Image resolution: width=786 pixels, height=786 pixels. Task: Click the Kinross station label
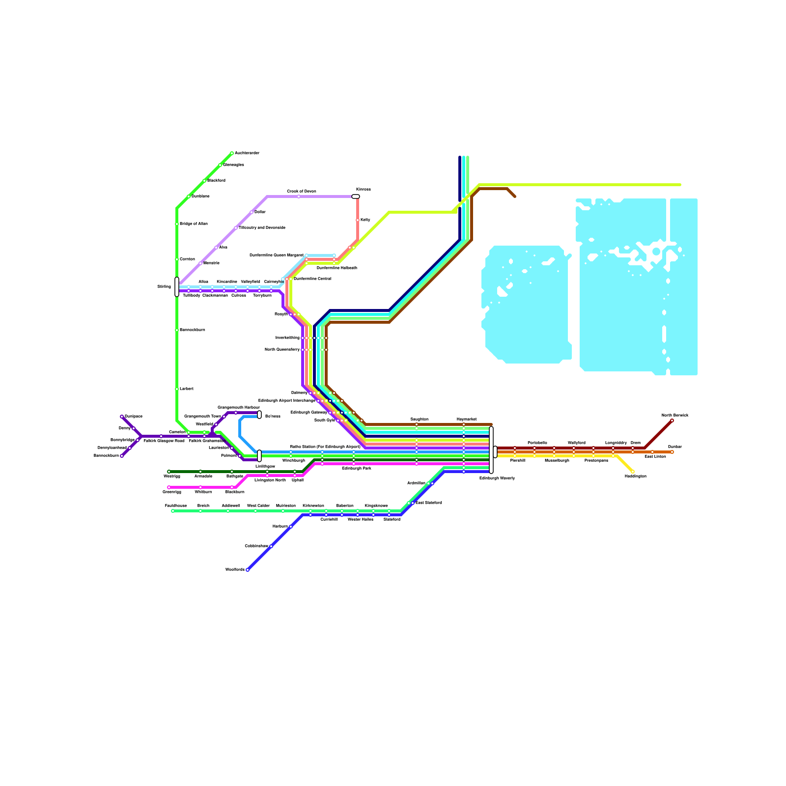pyautogui.click(x=364, y=189)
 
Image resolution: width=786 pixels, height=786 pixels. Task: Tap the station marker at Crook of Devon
pyautogui.click(x=299, y=196)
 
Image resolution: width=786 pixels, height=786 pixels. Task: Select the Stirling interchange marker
pyautogui.click(x=177, y=287)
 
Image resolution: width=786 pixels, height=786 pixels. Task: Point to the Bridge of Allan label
pyautogui.click(x=194, y=224)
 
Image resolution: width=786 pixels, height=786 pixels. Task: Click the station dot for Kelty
pyautogui.click(x=358, y=220)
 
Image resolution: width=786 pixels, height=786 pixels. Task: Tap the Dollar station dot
pyautogui.click(x=252, y=212)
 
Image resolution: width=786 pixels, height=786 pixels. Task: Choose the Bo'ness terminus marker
pyautogui.click(x=259, y=415)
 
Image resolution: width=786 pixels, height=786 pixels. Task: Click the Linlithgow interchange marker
pyautogui.click(x=259, y=455)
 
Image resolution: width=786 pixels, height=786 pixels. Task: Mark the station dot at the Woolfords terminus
pyautogui.click(x=248, y=570)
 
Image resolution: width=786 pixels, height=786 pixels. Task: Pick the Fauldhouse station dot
pyautogui.click(x=173, y=511)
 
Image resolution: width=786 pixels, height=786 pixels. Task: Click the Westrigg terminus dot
pyautogui.click(x=169, y=472)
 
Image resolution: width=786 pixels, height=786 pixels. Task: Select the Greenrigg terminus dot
pyautogui.click(x=169, y=487)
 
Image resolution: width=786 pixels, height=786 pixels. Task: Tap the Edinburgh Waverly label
pyautogui.click(x=497, y=478)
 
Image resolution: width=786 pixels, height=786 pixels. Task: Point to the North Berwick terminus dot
pyautogui.click(x=672, y=421)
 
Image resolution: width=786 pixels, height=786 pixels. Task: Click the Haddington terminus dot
pyautogui.click(x=633, y=472)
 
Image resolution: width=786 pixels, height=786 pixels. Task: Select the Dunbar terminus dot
pyautogui.click(x=672, y=452)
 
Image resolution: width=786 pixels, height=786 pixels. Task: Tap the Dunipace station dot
pyautogui.click(x=122, y=417)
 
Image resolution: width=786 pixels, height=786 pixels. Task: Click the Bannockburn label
pyautogui.click(x=193, y=330)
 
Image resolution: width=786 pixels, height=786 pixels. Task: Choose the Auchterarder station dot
pyautogui.click(x=232, y=153)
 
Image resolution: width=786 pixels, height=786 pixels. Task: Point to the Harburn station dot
pyautogui.click(x=291, y=527)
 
